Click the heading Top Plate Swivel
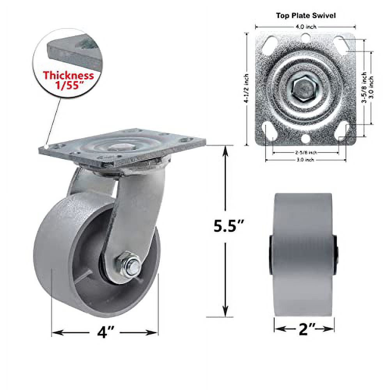(306, 16)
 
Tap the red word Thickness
(68, 75)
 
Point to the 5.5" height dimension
(229, 227)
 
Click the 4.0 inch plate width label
(306, 27)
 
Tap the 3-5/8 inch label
(363, 87)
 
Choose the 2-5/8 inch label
(306, 152)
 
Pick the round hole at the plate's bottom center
(306, 138)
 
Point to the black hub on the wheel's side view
(271, 255)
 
